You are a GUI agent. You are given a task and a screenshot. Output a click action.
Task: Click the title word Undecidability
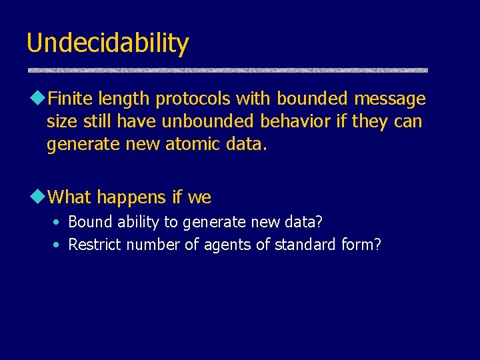tap(107, 44)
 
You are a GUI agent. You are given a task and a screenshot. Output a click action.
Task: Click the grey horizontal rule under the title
tap(227, 70)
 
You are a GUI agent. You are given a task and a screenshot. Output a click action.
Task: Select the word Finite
tap(71, 99)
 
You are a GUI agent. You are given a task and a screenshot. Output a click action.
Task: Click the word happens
tap(132, 197)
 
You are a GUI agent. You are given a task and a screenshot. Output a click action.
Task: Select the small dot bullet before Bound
tap(58, 222)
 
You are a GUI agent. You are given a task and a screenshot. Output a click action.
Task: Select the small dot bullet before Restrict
tap(58, 245)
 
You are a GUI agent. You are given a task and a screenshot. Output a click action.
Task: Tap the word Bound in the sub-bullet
tap(89, 221)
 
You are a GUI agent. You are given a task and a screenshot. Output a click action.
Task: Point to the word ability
tap(137, 221)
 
